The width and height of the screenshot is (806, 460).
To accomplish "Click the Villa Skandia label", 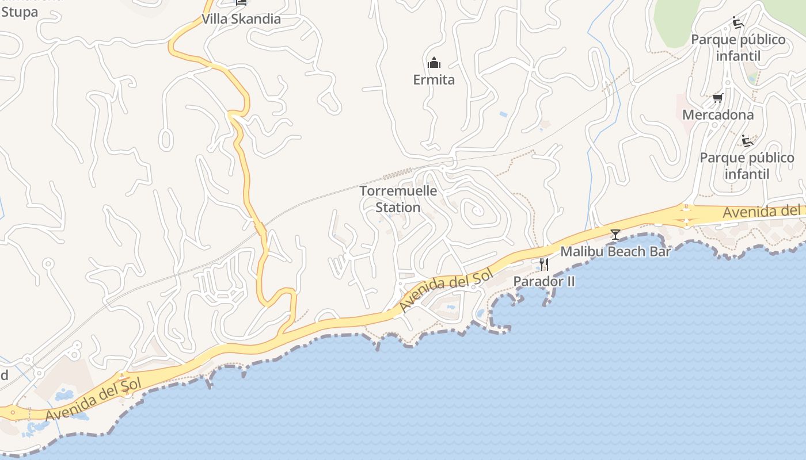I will click(x=241, y=19).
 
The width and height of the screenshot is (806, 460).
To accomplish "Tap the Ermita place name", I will click(x=434, y=80).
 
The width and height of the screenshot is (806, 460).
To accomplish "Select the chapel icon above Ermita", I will click(x=434, y=63).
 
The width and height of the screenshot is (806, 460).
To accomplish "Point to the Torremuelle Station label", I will click(x=398, y=199).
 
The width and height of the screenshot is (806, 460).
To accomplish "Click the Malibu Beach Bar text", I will click(x=615, y=251).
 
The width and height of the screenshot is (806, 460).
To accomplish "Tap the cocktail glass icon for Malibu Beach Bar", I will click(x=615, y=235).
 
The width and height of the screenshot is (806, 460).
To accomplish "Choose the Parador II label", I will click(x=543, y=282).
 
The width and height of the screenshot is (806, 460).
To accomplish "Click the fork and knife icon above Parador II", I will click(x=543, y=264).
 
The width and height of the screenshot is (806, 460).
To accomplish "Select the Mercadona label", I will click(x=717, y=115).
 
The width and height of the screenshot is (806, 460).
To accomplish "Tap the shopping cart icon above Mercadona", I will click(x=717, y=98).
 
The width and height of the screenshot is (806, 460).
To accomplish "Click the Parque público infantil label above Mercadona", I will click(x=738, y=48).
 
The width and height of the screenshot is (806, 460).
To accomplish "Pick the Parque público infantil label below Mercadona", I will click(x=747, y=166).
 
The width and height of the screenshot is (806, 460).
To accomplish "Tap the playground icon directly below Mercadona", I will click(x=747, y=141).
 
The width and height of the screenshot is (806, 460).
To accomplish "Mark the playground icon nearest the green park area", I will click(x=738, y=23).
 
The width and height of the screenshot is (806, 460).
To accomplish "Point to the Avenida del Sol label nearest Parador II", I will click(x=440, y=292).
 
